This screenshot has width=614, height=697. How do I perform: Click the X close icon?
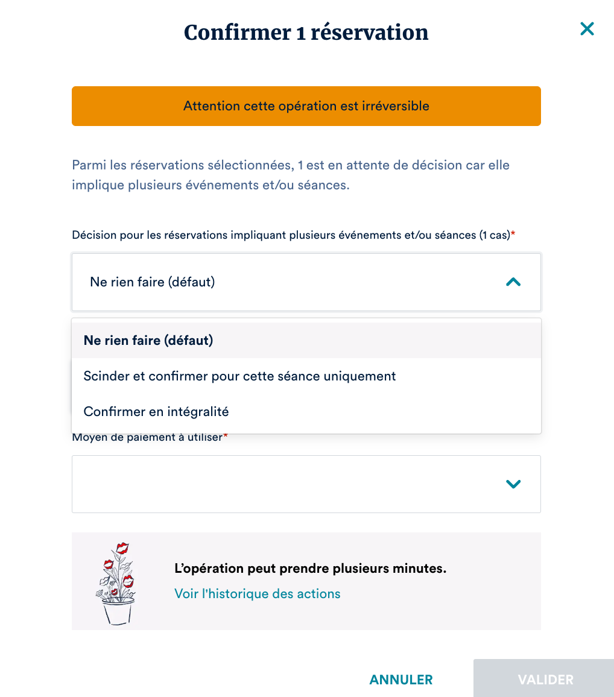tap(587, 29)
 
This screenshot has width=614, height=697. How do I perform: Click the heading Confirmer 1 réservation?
tap(306, 33)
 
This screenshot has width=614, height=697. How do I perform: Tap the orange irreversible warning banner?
tap(306, 106)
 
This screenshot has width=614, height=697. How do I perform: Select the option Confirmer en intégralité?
tap(156, 412)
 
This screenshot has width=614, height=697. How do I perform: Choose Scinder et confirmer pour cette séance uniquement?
tap(239, 376)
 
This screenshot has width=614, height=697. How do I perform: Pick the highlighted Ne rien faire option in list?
tap(148, 341)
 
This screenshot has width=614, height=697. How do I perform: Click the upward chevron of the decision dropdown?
tap(513, 282)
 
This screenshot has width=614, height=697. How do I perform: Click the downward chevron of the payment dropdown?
tap(513, 484)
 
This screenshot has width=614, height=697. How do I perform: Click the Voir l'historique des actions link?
tap(258, 594)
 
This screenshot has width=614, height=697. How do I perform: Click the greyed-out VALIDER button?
tap(545, 680)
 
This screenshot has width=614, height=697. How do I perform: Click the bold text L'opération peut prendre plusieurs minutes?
tap(310, 569)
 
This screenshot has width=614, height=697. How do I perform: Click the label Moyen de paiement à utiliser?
tap(147, 437)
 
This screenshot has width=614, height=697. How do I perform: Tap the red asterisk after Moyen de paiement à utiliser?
tap(226, 436)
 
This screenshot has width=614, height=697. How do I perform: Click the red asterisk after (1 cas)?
tap(513, 235)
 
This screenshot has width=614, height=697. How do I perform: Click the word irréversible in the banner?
tap(399, 106)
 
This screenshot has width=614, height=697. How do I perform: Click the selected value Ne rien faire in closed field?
tap(152, 282)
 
